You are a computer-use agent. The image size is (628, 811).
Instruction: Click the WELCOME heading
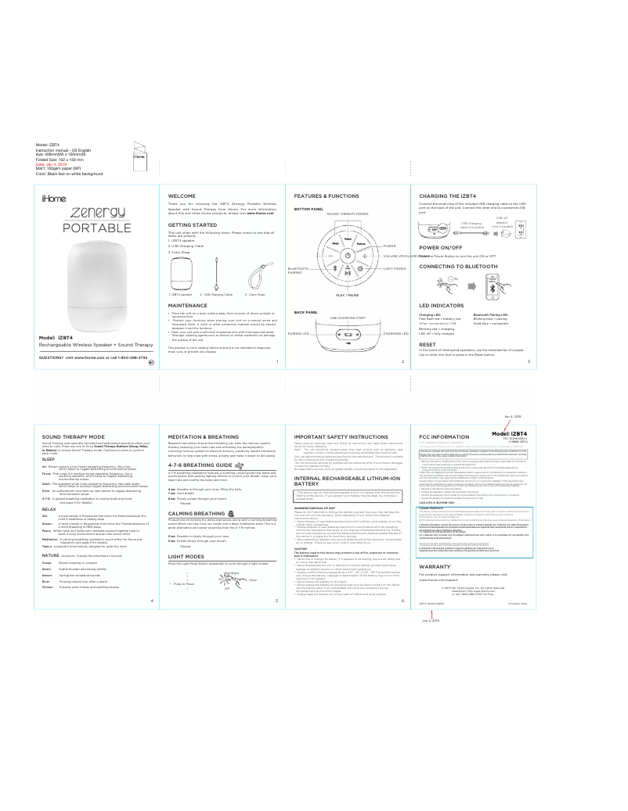tap(182, 195)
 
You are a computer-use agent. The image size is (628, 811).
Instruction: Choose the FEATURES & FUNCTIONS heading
tap(327, 195)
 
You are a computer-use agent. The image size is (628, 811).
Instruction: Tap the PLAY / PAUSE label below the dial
tap(341, 295)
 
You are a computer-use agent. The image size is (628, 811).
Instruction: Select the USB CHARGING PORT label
tap(348, 318)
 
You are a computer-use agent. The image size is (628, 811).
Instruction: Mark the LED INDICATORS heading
tap(442, 306)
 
